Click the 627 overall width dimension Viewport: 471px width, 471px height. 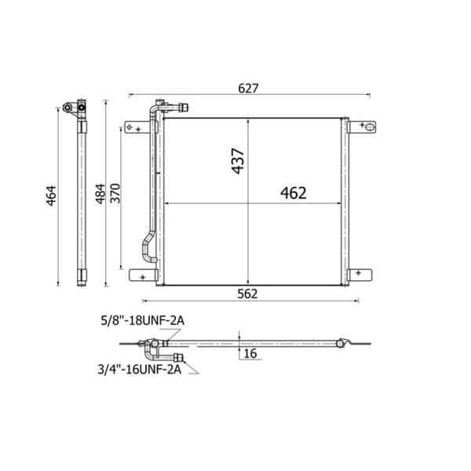pyautogui.click(x=248, y=88)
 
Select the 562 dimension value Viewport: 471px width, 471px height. pyautogui.click(x=247, y=294)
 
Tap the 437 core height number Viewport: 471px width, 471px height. pyautogui.click(x=238, y=161)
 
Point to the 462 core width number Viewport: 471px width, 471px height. pyautogui.click(x=293, y=193)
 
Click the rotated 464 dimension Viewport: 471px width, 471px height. pyautogui.click(x=51, y=195)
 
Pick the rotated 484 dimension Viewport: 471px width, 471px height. pyautogui.click(x=100, y=194)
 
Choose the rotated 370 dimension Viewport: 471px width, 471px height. pyautogui.click(x=115, y=193)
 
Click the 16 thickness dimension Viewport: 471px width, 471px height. pyautogui.click(x=250, y=353)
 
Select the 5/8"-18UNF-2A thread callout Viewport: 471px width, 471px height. pyautogui.click(x=143, y=321)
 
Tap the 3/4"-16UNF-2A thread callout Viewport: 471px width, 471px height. pyautogui.click(x=140, y=369)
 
